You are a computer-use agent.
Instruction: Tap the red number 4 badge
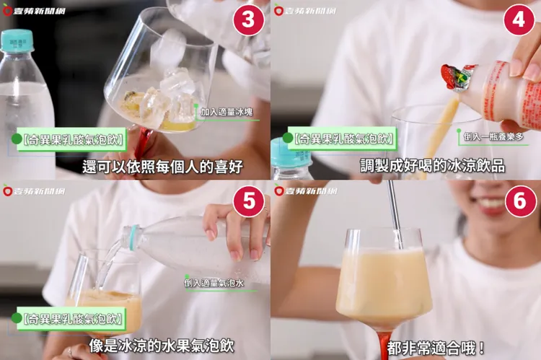519,21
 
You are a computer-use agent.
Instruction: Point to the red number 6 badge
519,202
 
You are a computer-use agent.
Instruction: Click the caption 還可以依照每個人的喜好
162,166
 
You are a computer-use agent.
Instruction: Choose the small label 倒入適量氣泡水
214,283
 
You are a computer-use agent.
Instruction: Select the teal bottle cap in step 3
17,41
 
